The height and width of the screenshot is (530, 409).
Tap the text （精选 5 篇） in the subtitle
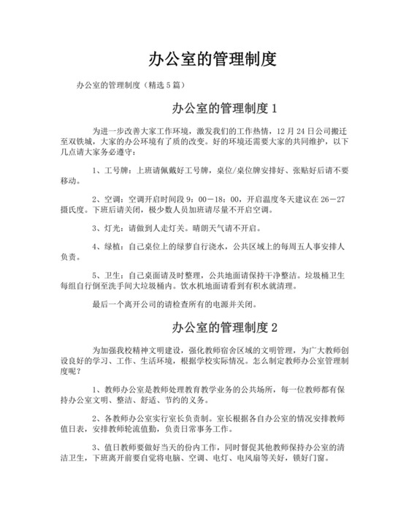point(169,85)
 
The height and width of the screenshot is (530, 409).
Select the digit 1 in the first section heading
point(274,110)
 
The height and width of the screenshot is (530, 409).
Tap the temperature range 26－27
point(332,198)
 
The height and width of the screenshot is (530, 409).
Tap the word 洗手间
point(137,287)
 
